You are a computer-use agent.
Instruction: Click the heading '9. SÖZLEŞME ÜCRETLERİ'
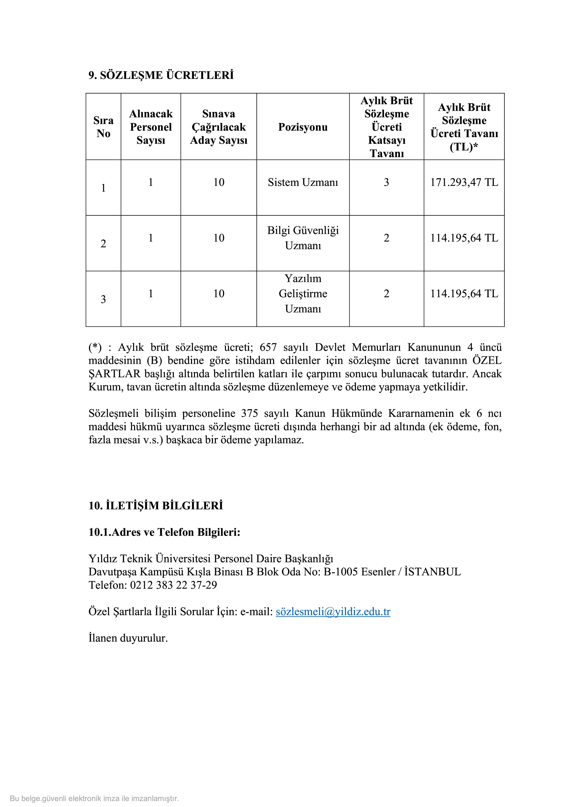161,75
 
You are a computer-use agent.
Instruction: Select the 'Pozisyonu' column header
303,127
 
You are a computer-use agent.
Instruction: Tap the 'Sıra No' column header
103,127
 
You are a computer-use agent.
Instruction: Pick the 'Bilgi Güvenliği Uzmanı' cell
303,238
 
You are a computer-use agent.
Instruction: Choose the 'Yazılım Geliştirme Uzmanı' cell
303,294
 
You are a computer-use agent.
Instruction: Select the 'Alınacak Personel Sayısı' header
151,127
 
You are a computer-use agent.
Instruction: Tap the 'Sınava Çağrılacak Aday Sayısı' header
218,127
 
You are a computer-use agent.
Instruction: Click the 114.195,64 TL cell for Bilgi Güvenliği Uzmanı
464,238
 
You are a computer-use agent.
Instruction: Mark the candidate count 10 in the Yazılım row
218,294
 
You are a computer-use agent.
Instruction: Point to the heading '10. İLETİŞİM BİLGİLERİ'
156,506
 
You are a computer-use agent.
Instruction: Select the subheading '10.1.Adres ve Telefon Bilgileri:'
164,532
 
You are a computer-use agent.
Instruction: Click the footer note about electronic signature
94,798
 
